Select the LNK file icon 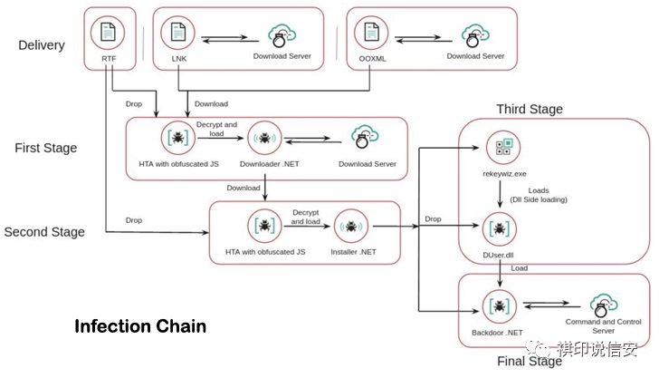pyautogui.click(x=177, y=33)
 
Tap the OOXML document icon pyautogui.click(x=369, y=33)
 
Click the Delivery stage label pyautogui.click(x=41, y=45)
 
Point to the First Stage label pyautogui.click(x=45, y=148)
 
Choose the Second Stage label pyautogui.click(x=44, y=232)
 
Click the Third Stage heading pyautogui.click(x=530, y=110)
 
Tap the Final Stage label pyautogui.click(x=529, y=362)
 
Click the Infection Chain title pyautogui.click(x=140, y=325)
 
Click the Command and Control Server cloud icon pyautogui.click(x=602, y=304)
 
